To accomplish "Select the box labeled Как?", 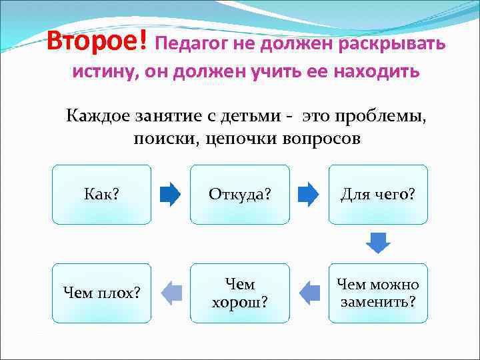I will click(x=101, y=194).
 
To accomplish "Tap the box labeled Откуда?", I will click(x=240, y=194).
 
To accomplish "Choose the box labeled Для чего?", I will click(x=378, y=194).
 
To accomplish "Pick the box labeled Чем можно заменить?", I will click(x=378, y=293).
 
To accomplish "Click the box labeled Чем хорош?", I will click(x=240, y=293).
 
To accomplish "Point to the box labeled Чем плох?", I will click(x=101, y=293).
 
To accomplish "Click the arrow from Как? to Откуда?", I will click(x=171, y=194).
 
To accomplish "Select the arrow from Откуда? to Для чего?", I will click(x=309, y=194).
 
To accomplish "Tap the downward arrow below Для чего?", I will click(x=378, y=243).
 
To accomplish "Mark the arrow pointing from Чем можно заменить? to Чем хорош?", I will click(x=309, y=293).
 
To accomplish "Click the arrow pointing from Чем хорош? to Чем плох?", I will click(x=171, y=293).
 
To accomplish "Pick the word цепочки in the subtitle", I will click(x=240, y=139).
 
